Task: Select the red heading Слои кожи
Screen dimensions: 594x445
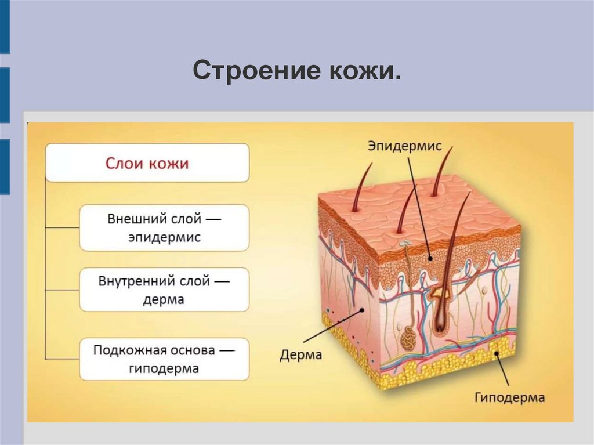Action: pos(147,163)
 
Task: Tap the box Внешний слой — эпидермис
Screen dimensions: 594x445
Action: pos(164,228)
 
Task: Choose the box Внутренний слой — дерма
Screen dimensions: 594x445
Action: pos(164,290)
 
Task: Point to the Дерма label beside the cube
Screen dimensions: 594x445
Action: pos(300,354)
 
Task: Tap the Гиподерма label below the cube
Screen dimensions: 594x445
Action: pos(509,397)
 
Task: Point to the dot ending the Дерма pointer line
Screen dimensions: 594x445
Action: pos(362,310)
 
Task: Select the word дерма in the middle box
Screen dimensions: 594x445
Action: pos(164,299)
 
